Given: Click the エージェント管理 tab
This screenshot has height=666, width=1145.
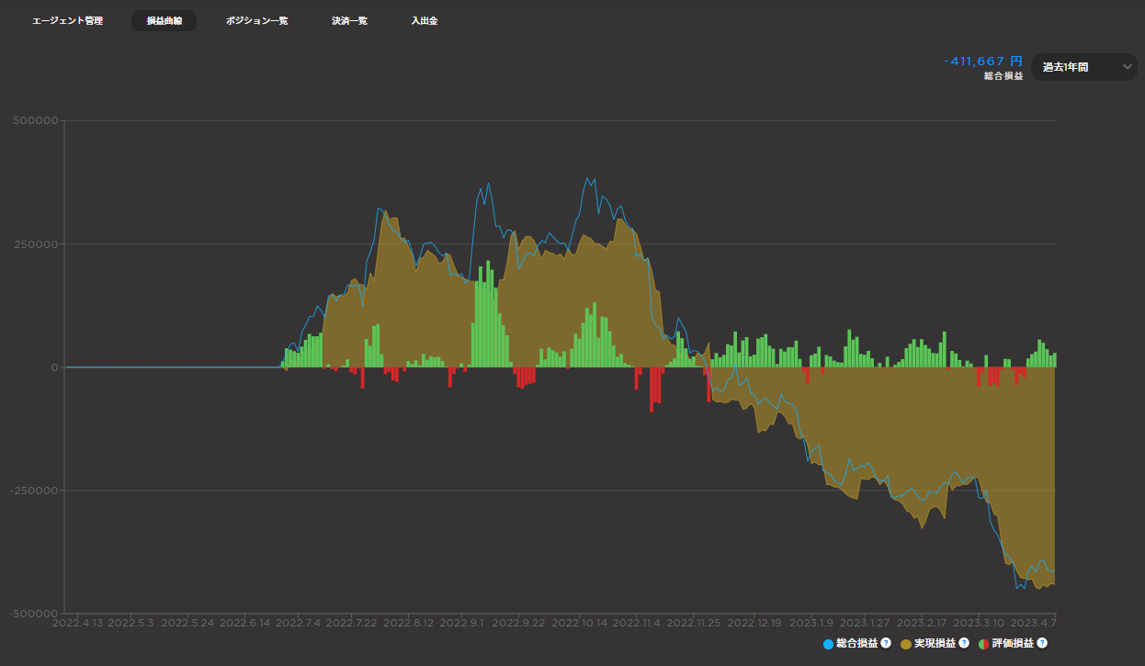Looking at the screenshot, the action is pyautogui.click(x=67, y=21).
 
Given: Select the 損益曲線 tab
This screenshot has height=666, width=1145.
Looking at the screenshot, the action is pyautogui.click(x=164, y=21).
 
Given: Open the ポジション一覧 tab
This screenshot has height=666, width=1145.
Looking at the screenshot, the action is pyautogui.click(x=257, y=21).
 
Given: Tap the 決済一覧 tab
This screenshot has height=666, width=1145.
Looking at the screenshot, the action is pyautogui.click(x=349, y=21).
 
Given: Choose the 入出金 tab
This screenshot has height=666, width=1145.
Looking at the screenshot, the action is pyautogui.click(x=425, y=21).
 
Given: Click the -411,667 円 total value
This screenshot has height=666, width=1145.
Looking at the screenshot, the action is pyautogui.click(x=983, y=62).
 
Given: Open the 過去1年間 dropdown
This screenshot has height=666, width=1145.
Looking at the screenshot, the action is pyautogui.click(x=1084, y=67).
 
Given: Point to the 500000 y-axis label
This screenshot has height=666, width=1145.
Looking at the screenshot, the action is pyautogui.click(x=36, y=120).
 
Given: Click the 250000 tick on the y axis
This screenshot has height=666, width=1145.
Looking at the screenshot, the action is pyautogui.click(x=36, y=244).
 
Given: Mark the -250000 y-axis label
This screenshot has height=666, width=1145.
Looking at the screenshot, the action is pyautogui.click(x=34, y=491).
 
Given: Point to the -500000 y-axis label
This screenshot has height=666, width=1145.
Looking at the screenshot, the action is pyautogui.click(x=34, y=614).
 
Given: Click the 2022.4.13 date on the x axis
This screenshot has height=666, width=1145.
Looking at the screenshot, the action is pyautogui.click(x=78, y=623).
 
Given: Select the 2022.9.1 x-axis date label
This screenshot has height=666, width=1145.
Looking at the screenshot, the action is pyautogui.click(x=461, y=623).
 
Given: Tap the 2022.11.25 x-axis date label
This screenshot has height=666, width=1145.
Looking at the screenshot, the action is pyautogui.click(x=694, y=623).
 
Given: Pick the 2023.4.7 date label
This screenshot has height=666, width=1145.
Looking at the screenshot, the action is pyautogui.click(x=1034, y=623).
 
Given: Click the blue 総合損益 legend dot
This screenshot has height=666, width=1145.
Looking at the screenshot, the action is pyautogui.click(x=829, y=645).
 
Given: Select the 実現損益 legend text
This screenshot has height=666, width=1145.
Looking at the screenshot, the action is pyautogui.click(x=935, y=644).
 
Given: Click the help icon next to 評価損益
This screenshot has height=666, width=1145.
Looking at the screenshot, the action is pyautogui.click(x=1042, y=643).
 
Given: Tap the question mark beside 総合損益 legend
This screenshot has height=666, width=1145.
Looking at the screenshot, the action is pyautogui.click(x=886, y=643).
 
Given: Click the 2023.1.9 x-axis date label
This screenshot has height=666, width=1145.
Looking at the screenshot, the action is pyautogui.click(x=811, y=623).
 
